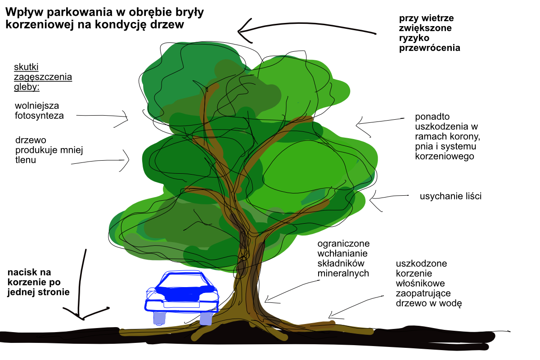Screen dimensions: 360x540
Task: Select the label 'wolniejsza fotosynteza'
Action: pos(39,110)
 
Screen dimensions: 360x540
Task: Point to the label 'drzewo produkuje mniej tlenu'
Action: pos(49,149)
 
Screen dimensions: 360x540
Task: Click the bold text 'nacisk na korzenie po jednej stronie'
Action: pos(38,282)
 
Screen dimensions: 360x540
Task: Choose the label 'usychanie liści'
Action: pos(450,196)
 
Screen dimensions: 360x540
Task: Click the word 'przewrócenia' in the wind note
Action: pos(430,47)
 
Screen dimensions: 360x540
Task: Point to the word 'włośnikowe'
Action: pos(420,283)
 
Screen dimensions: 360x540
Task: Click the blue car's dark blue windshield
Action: pos(182,292)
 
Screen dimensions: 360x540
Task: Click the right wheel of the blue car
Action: pos(206,318)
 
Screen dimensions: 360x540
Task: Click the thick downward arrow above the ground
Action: pos(81,288)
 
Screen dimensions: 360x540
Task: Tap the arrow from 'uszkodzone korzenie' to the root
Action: pos(355,306)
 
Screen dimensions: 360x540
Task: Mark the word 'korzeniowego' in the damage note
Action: pos(444,157)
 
